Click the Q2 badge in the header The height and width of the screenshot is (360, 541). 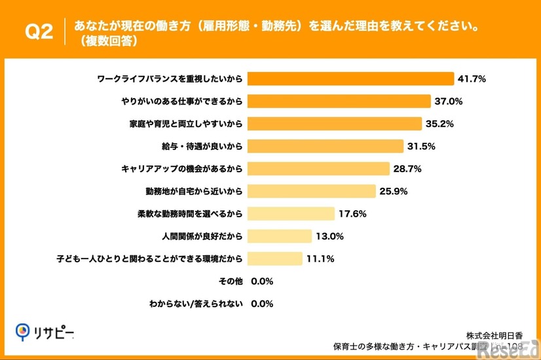(x=38, y=31)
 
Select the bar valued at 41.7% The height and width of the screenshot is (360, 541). (x=350, y=79)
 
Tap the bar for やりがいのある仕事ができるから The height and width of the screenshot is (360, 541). (x=339, y=101)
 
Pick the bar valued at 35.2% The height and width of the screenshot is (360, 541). (x=335, y=124)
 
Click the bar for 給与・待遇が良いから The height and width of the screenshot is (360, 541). (x=326, y=146)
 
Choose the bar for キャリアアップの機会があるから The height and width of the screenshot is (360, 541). (x=319, y=169)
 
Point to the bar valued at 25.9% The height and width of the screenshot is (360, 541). (x=312, y=191)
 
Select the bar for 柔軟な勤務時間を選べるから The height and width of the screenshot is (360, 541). (x=291, y=213)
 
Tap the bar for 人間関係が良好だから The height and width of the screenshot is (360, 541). (x=280, y=236)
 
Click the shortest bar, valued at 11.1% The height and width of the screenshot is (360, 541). (x=275, y=259)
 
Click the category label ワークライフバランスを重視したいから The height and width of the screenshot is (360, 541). (x=169, y=79)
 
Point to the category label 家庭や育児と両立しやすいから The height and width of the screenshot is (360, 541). (x=187, y=124)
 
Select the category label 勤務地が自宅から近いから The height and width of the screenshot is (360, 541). (x=194, y=191)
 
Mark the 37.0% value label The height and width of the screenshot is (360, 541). (x=449, y=101)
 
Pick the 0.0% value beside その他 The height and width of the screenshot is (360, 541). (x=262, y=281)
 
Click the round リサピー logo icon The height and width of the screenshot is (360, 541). (x=24, y=332)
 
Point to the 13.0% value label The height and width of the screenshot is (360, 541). (x=330, y=236)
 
